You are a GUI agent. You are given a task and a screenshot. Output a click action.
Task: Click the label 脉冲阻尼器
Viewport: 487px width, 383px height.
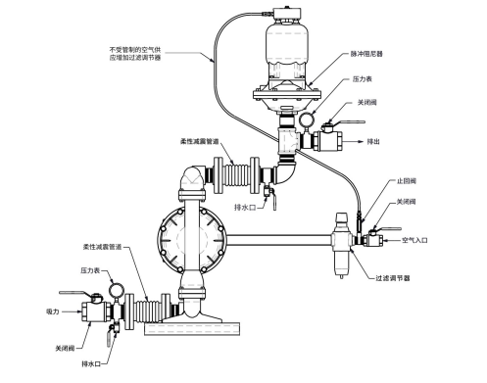click(x=366, y=54)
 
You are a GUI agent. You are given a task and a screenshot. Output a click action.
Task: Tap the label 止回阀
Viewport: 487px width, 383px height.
click(x=407, y=181)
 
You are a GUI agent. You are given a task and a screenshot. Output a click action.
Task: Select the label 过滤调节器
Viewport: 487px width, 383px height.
click(x=393, y=278)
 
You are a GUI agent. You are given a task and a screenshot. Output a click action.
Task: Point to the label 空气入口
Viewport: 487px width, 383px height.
click(x=414, y=240)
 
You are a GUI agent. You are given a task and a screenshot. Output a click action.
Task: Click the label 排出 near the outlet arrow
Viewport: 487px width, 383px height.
click(x=373, y=142)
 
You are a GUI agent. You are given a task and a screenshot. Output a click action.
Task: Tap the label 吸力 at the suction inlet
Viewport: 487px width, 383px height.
click(x=53, y=311)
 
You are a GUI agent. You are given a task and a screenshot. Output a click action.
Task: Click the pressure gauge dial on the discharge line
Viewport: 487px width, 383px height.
click(x=307, y=120)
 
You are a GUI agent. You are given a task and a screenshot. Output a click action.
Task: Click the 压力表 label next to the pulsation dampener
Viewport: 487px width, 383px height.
click(x=363, y=79)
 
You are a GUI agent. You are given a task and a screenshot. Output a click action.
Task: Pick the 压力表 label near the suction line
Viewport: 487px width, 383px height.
click(x=90, y=270)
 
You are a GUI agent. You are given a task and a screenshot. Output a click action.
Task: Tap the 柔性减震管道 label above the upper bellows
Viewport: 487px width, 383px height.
click(x=199, y=142)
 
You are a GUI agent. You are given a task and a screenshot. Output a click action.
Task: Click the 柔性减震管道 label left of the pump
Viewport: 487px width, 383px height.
click(x=102, y=247)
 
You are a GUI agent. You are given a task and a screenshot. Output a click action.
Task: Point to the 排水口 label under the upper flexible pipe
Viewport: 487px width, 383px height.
click(x=245, y=208)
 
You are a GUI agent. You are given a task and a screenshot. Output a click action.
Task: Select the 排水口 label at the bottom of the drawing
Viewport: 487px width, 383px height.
click(x=91, y=363)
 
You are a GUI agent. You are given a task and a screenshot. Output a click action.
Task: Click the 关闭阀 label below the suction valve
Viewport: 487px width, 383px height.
click(x=65, y=349)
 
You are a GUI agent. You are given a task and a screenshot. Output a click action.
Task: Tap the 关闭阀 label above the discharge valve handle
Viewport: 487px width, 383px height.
click(x=367, y=103)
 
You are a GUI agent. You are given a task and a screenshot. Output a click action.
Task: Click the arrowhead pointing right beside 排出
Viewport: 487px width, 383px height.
click(x=361, y=142)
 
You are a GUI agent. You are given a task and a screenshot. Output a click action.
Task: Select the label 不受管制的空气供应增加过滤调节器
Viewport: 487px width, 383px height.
click(x=135, y=54)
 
